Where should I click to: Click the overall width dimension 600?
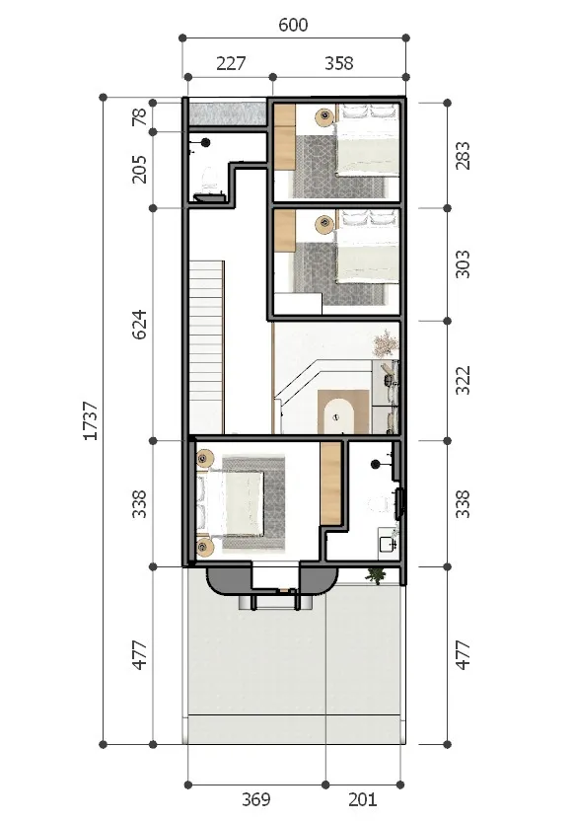293,25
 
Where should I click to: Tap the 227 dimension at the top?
231,63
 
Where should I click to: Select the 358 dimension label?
339,63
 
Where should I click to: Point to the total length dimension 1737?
91,420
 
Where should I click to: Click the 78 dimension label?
140,116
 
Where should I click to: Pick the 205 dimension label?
140,169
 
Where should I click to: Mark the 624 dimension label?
140,325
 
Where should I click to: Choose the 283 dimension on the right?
463,156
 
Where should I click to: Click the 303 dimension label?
463,263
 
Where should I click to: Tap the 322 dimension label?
463,380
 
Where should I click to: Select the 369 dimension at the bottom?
256,799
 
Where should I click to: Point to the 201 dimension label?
362,799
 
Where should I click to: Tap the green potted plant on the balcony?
376,575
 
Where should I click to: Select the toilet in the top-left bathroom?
208,180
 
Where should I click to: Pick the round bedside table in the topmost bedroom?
325,115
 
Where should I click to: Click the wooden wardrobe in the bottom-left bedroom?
331,483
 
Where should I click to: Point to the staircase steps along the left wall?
206,347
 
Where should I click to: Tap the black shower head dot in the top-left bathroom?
206,142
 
